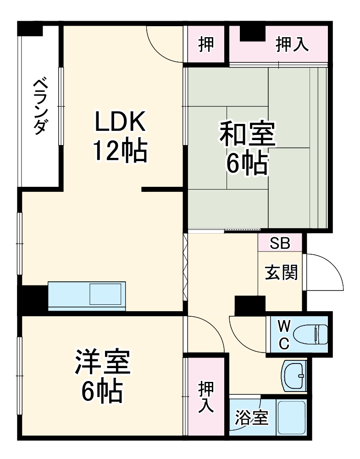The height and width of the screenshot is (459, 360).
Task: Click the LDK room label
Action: (120, 122)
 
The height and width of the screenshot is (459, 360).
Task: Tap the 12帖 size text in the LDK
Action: (120, 151)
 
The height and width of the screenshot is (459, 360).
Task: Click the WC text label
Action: (284, 336)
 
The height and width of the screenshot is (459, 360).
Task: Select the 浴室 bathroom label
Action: (251, 418)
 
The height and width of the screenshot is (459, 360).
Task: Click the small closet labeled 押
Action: (205, 45)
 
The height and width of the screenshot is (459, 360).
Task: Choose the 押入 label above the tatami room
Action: (292, 45)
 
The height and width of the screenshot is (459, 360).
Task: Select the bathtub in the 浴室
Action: (291, 417)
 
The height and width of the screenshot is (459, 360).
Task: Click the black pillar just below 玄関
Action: (250, 304)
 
